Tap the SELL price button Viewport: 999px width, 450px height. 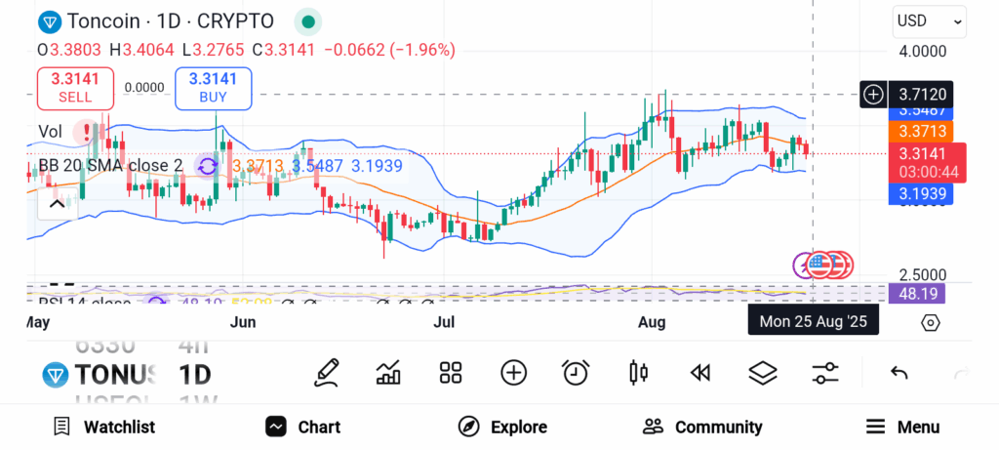coord(75,88)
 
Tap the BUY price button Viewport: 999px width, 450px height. coord(213,88)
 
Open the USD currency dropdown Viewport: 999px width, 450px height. coord(929,20)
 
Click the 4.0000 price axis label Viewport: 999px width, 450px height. coord(922,52)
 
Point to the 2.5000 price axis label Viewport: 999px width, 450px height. coord(922,275)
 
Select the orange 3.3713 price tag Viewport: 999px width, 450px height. coord(920,131)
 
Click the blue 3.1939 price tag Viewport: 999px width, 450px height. coord(920,194)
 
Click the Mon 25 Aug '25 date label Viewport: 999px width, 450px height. coord(813,321)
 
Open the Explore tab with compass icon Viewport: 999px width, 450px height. coord(502,427)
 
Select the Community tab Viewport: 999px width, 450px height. coord(702,427)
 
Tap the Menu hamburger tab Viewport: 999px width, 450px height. coord(902,427)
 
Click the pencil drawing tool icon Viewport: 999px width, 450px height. coord(327,372)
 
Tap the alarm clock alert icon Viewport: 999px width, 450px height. coord(576,372)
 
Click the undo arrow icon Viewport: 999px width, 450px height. coord(899,372)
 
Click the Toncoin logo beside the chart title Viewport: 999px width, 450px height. coord(49,21)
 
